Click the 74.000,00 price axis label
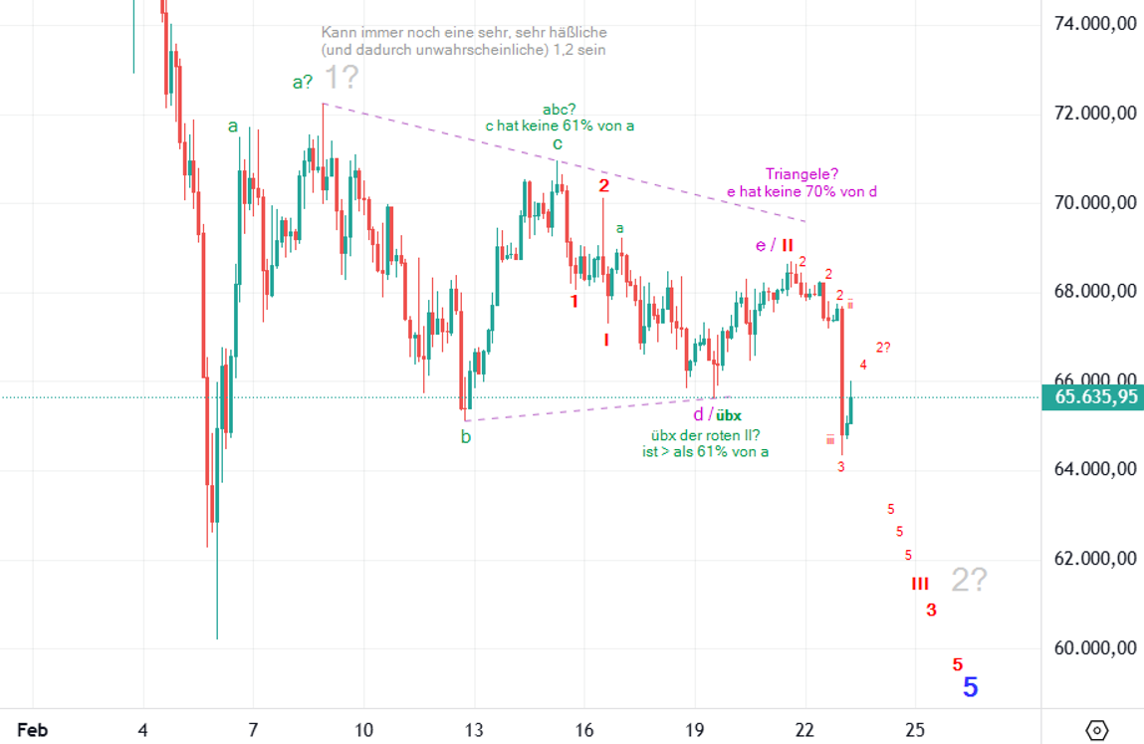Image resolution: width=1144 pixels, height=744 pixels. [x=1095, y=24]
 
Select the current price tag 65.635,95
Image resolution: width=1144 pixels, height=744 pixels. [x=1091, y=397]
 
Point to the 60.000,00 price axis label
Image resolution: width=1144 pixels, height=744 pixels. [x=1095, y=648]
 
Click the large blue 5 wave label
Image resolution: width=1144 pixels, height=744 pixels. [x=971, y=687]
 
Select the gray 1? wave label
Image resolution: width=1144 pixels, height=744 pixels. [x=342, y=78]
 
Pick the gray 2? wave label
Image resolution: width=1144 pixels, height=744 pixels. [x=969, y=580]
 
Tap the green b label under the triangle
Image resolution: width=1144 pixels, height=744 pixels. [x=465, y=436]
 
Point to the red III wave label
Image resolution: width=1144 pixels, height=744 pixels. [x=919, y=584]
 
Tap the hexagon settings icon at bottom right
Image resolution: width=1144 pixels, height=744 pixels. [x=1096, y=729]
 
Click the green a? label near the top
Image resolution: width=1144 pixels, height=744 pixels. [x=304, y=83]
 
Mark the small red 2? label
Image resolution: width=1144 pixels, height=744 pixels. [x=883, y=347]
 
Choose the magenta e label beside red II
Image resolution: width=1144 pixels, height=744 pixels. [x=762, y=245]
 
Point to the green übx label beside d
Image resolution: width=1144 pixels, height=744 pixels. [x=729, y=415]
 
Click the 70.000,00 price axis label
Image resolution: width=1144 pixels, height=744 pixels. [x=1095, y=203]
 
